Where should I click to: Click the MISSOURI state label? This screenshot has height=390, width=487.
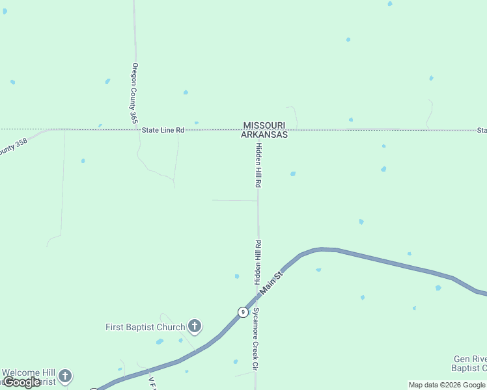coord(264,125)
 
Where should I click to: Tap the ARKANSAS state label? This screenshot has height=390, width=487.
coord(264,135)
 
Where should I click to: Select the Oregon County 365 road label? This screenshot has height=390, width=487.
coord(134,93)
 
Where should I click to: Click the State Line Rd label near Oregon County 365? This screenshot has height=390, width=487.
coord(163,131)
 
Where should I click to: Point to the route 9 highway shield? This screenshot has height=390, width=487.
coord(242,312)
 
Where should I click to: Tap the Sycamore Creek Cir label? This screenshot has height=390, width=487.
coord(256,339)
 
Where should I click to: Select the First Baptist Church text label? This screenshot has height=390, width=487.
coord(145,327)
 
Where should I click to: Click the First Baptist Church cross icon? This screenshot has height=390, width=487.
coord(194,326)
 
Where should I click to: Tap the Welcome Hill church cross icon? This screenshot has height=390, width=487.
coord(64,376)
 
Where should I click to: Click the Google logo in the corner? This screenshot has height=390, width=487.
coord(21,382)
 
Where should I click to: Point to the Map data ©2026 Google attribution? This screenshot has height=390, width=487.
coord(447,385)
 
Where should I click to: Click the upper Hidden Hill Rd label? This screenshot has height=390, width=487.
coord(258,165)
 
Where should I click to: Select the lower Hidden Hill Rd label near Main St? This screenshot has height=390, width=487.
coord(258,263)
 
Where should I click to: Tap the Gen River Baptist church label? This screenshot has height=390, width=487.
coord(469,364)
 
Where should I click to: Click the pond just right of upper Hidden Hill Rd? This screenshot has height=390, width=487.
coord(293,174)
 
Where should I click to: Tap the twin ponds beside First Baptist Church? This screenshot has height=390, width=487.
coord(160,341)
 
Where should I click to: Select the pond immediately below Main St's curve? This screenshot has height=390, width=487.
coord(318,269)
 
